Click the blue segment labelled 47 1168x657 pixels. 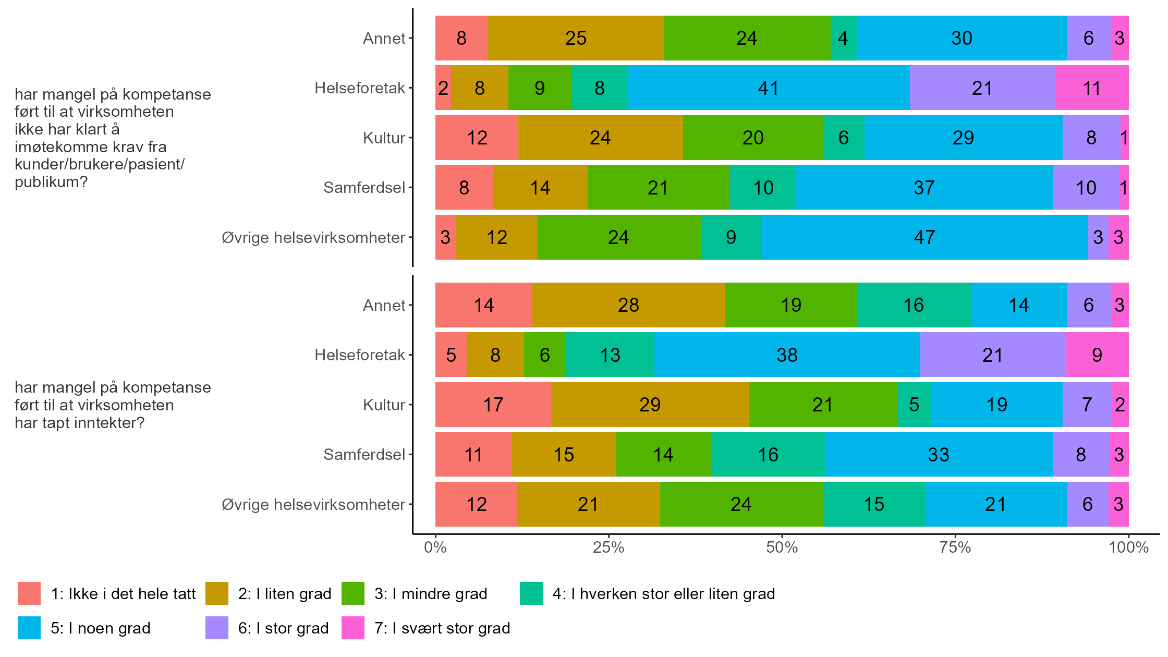click(924, 237)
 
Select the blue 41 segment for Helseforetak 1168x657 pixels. click(769, 88)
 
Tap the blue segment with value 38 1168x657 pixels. click(787, 355)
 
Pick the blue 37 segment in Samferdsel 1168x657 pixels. click(924, 188)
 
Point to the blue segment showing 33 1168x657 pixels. click(939, 455)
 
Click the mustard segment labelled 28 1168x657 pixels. click(628, 305)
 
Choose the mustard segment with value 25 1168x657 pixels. click(576, 38)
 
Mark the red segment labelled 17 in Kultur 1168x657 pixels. click(493, 405)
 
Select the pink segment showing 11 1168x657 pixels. click(1092, 88)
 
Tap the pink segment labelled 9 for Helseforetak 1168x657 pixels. click(1097, 355)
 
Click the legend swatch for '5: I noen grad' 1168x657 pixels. click(29, 628)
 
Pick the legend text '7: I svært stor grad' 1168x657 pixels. click(442, 628)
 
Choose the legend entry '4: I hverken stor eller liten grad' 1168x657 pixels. click(663, 593)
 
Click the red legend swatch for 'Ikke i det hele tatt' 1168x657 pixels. click(29, 593)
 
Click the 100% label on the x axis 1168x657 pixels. click(1128, 547)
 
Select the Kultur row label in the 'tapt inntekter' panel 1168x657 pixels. click(384, 405)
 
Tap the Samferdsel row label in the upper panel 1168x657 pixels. click(364, 188)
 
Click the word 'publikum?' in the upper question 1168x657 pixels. click(51, 182)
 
